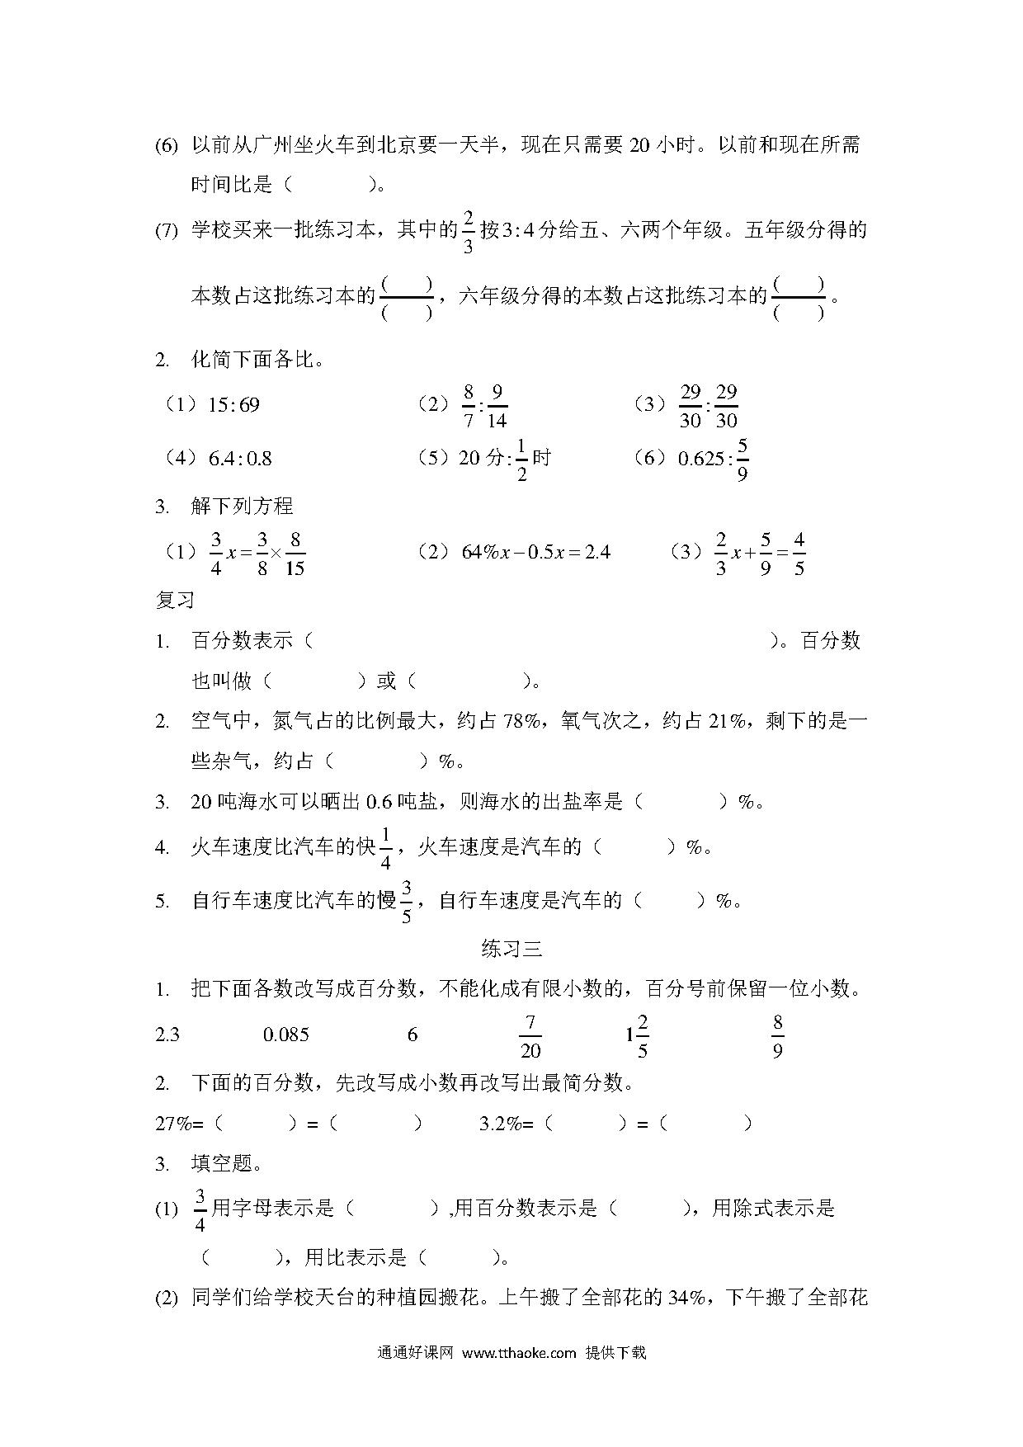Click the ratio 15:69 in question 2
[234, 405]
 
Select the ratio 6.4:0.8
[240, 459]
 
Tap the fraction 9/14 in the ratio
[496, 406]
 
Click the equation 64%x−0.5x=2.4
[535, 552]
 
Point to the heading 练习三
[511, 949]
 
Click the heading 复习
[175, 600]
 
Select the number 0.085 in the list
[286, 1035]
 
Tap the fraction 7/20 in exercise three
[530, 1036]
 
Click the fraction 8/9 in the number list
[777, 1036]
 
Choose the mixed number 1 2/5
[637, 1036]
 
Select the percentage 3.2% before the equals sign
[502, 1123]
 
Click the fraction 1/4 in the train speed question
[385, 848]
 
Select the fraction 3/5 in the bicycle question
[406, 901]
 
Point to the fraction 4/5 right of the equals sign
[799, 554]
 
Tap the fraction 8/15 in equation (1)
[295, 554]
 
